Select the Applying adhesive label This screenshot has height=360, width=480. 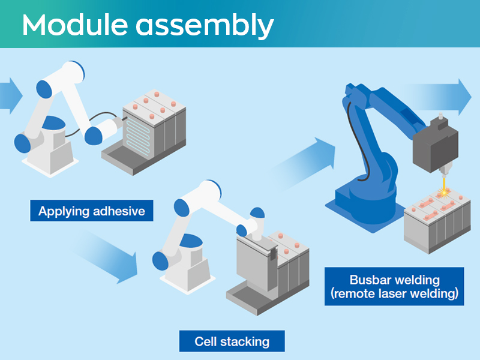[x=91, y=211]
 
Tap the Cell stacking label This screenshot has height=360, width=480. [x=232, y=341]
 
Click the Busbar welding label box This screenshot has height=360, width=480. [x=394, y=287]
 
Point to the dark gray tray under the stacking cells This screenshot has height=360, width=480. [x=252, y=297]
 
